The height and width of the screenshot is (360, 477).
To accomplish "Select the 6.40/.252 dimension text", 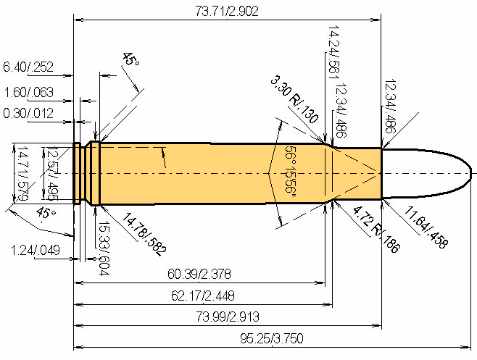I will [28, 67].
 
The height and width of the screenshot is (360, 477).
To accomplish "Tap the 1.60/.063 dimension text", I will [28, 93].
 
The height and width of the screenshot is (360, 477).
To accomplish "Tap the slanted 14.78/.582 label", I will [144, 234].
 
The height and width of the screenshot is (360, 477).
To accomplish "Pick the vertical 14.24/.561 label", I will [333, 51].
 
